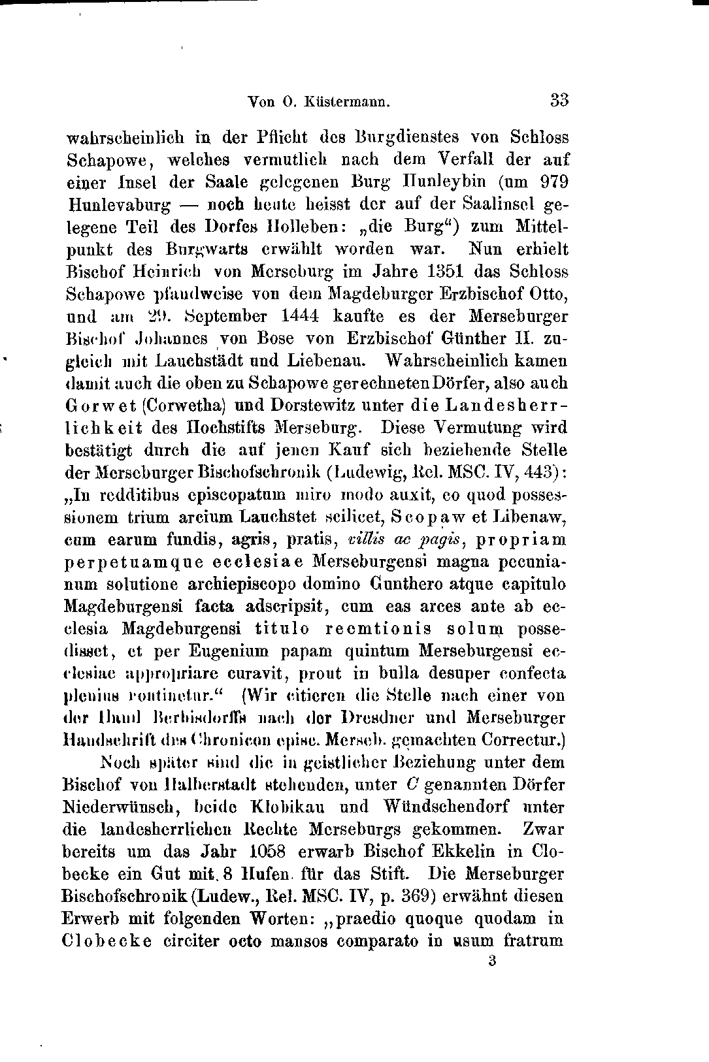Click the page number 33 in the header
[x=559, y=101]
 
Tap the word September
[x=225, y=316]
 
